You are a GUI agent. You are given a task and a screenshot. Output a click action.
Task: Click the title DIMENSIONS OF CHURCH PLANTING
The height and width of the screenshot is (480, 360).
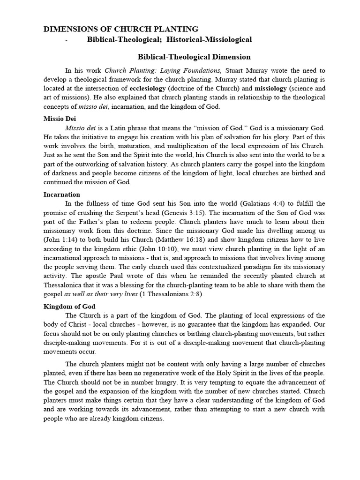pos(121,29)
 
